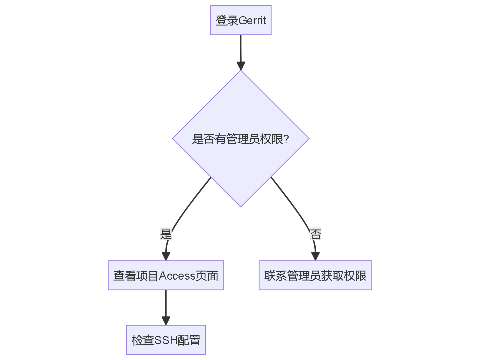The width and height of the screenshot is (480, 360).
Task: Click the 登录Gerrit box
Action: [x=241, y=20]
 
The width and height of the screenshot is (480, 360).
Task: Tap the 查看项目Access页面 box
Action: [x=166, y=275]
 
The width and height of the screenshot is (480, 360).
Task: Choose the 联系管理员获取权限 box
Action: [x=315, y=275]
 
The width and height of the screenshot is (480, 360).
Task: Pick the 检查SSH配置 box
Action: [x=166, y=340]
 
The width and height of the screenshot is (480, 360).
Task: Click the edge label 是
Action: [x=166, y=234]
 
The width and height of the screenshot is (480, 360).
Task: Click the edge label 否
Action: [x=315, y=234]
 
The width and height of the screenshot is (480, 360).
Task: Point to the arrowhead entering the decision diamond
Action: [x=241, y=66]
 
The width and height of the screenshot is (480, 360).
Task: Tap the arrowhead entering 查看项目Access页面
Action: [x=166, y=256]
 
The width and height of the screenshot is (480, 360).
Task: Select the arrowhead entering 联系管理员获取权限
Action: [x=315, y=256]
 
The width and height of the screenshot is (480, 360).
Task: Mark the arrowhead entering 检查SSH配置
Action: [x=166, y=321]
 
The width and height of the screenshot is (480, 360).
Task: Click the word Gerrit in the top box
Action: [x=252, y=20]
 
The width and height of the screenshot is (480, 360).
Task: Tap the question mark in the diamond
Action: [x=286, y=139]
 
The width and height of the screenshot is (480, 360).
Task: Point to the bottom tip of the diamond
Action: [x=241, y=206]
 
